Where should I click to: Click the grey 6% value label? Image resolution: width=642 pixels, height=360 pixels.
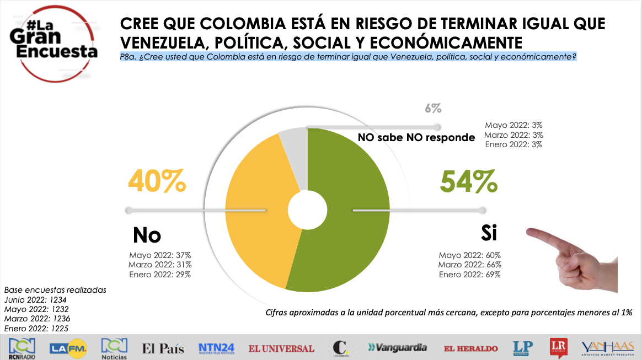tap(433, 108)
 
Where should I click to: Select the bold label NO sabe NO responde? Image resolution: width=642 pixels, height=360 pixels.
tap(416, 137)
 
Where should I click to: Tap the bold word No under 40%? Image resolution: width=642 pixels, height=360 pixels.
tap(147, 235)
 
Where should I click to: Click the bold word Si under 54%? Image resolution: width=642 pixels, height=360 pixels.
tap(489, 233)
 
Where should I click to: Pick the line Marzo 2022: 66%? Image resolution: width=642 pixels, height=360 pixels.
tap(470, 265)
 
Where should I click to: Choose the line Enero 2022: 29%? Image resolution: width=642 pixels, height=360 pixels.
tap(160, 275)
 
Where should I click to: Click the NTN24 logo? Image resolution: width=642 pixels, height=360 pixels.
tap(217, 348)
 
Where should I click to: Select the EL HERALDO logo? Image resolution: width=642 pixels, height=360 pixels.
tap(471, 348)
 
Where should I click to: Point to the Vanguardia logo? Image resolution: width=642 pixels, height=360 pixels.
tap(397, 348)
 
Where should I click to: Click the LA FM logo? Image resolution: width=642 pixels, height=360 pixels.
tap(67, 348)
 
